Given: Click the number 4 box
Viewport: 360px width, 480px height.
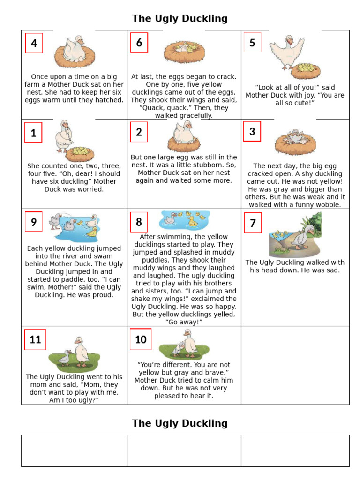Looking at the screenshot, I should pos(34,43).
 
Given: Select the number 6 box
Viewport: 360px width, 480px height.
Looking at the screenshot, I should pos(139,43).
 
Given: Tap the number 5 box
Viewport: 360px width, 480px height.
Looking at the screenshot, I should pos(252,43).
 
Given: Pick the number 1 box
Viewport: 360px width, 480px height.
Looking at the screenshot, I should pos(33,133).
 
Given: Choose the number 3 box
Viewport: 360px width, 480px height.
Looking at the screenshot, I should pos(252,131).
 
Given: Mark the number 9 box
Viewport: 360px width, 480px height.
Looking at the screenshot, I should pos(34,222).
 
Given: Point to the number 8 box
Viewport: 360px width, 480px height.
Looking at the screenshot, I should pos(139,222).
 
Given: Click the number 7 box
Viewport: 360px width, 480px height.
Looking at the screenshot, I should pos(253,223).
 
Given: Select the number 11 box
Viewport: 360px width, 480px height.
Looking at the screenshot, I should pos(35,339).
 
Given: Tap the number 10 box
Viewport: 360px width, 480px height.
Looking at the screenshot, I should pos(141,339).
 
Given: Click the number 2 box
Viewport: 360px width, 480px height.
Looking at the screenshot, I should pos(139,132).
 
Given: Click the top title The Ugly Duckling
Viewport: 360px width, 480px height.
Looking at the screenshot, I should pos(180,19).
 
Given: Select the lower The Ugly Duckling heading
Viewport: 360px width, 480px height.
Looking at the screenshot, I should pos(180,423).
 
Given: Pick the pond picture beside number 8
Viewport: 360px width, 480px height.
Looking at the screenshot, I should pos(185,220).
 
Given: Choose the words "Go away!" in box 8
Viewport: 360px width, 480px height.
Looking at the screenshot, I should pos(184,322).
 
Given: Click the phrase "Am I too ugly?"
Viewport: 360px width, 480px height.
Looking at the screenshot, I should pos(74,400).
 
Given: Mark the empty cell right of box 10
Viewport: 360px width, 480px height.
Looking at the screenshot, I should pos(295,365).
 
